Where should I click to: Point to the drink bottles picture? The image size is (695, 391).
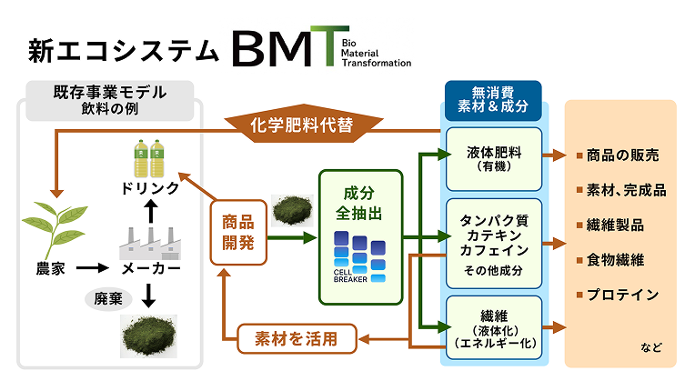click(149, 156)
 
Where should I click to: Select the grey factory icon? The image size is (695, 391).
click(150, 240)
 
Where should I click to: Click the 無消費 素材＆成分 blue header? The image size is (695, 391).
click(493, 100)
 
